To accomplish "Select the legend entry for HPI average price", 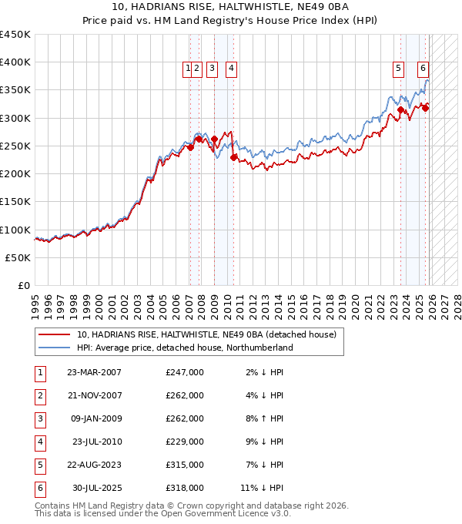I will pos(185,348).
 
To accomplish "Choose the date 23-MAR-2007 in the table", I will pos(94,372).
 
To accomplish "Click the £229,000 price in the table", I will pos(184,442).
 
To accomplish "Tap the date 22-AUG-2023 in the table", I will pos(94,465).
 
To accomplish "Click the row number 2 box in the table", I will pos(38,395).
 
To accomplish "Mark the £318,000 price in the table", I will pos(184,488).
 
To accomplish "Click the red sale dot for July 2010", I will pos(234,157).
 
